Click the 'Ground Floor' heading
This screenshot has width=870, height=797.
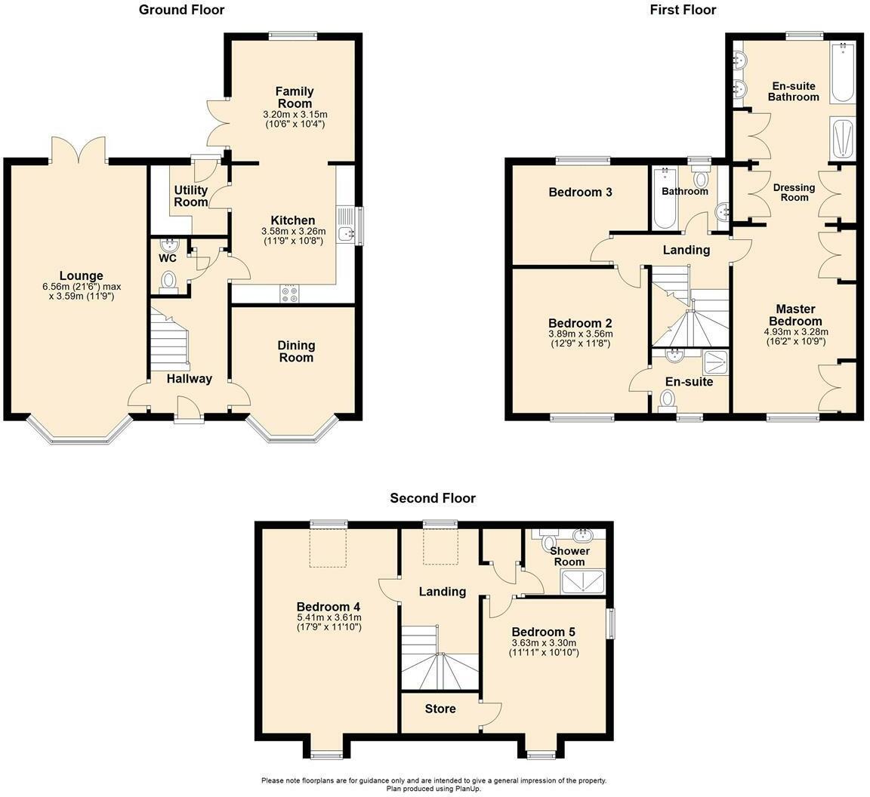click(x=181, y=10)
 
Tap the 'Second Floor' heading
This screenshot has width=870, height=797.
click(x=433, y=498)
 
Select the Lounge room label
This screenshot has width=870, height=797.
click(x=82, y=276)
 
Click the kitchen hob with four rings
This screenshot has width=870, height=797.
click(x=289, y=294)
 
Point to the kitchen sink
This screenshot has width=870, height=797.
click(x=347, y=233)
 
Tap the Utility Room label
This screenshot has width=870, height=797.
click(x=191, y=196)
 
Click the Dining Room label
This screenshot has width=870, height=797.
click(x=296, y=351)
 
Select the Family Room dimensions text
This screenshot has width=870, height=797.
click(x=294, y=119)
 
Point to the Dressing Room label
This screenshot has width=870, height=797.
click(x=794, y=192)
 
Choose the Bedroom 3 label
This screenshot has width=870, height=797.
click(x=580, y=192)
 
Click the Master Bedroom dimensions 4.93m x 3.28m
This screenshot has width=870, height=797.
click(x=796, y=332)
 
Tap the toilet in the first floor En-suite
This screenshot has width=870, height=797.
click(x=668, y=398)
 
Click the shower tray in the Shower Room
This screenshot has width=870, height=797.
click(x=582, y=581)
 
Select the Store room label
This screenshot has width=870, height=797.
click(x=440, y=709)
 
